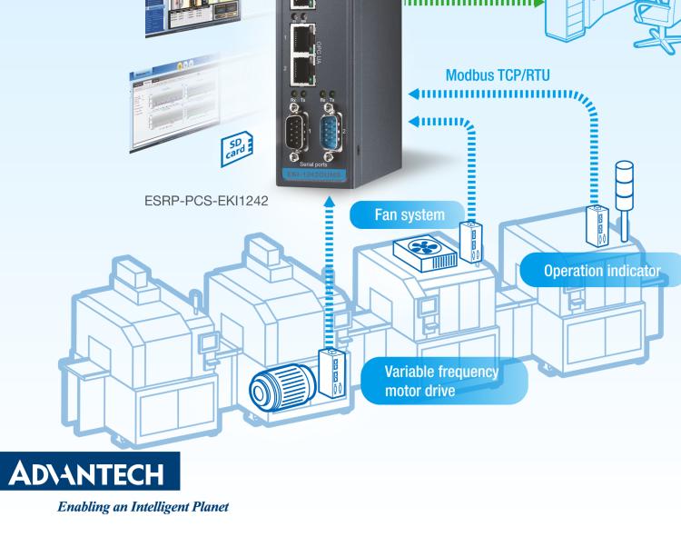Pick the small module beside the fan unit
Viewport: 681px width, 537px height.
pos(472,247)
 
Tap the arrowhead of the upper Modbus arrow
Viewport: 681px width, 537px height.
pos(416,93)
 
